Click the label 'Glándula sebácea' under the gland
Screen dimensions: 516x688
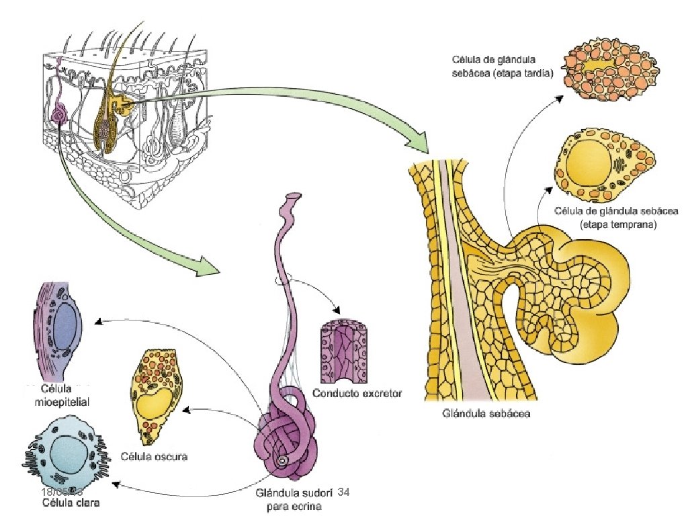[x=487, y=413]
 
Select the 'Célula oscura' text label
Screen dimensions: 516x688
[x=154, y=457]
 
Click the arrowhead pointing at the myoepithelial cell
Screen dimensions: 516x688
[x=98, y=322]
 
